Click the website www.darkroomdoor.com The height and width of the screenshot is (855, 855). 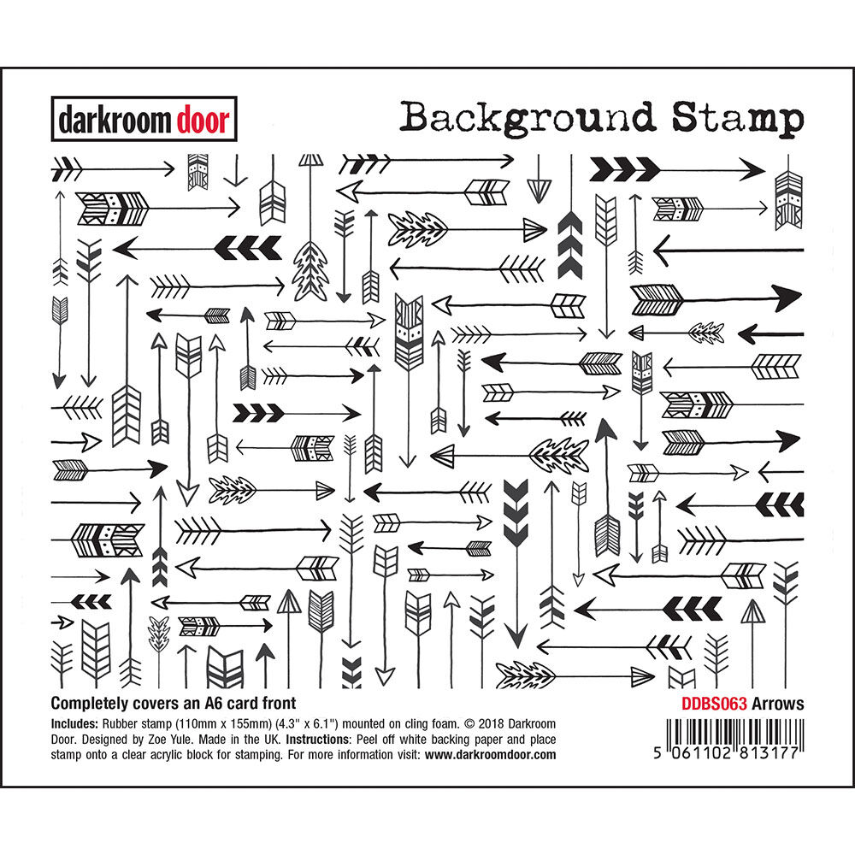point(490,755)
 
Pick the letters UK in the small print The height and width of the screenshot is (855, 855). point(271,739)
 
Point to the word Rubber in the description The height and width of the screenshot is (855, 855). point(128,722)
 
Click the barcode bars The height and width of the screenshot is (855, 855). point(726,728)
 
